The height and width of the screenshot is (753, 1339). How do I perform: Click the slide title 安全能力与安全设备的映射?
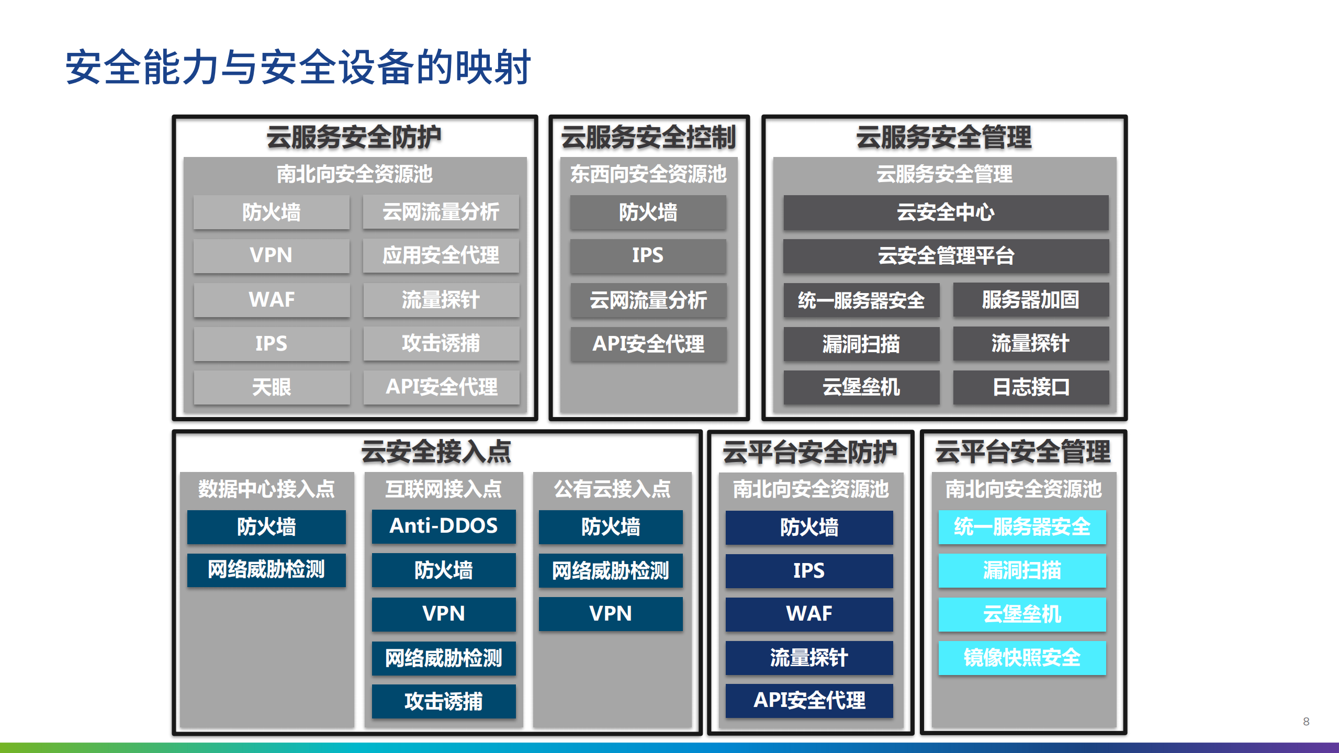(x=298, y=67)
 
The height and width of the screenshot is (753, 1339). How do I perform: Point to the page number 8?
(x=1306, y=722)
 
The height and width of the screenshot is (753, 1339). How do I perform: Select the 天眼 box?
(x=272, y=387)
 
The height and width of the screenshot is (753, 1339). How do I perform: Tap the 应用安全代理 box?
(x=441, y=256)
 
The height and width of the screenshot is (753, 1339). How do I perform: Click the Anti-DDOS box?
(x=444, y=526)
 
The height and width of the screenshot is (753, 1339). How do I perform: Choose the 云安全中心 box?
(x=946, y=212)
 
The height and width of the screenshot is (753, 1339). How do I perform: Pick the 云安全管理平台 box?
(x=946, y=256)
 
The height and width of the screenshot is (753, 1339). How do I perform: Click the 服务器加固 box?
(x=1030, y=300)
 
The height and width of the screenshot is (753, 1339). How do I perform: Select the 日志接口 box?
(x=1030, y=387)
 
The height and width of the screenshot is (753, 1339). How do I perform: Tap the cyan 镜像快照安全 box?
(x=1022, y=658)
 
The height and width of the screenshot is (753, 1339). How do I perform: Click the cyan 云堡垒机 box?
(x=1022, y=614)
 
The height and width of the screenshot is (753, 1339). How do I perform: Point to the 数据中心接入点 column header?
(x=266, y=489)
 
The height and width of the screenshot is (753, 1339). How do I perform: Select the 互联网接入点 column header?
(x=444, y=489)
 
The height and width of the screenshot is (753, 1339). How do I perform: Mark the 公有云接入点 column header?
(x=612, y=489)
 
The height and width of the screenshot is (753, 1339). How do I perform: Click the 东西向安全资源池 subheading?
(x=648, y=174)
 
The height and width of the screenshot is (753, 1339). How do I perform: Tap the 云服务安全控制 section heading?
(x=648, y=138)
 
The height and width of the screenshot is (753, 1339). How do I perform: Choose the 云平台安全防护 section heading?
(x=809, y=452)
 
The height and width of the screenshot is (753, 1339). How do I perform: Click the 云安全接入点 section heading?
(x=436, y=452)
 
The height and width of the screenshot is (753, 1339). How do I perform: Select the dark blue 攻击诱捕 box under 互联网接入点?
(x=444, y=701)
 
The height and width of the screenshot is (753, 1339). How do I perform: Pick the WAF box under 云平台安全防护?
(x=809, y=614)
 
